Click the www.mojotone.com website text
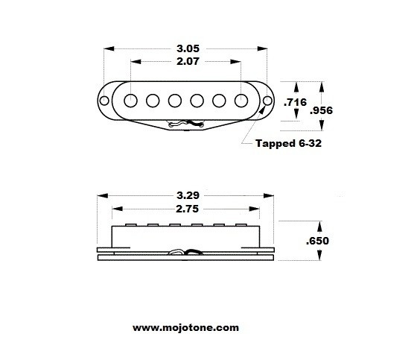[x=186, y=326]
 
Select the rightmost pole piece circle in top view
[x=242, y=100]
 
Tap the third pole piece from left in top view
[x=176, y=100]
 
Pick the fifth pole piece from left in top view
[x=220, y=100]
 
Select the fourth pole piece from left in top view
[x=198, y=100]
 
